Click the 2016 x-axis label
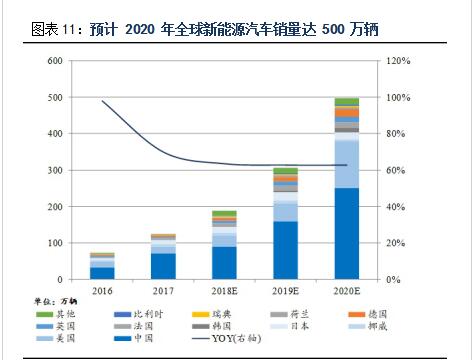pos(101,292)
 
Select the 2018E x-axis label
pos(224,292)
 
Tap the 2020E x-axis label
pos(346,292)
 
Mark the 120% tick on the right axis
pos(400,61)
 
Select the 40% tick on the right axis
pos(397,207)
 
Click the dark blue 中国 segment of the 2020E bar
pos(346,234)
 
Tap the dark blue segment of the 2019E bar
pos(285,250)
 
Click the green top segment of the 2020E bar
pos(346,101)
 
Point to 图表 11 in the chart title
pos(50,30)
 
